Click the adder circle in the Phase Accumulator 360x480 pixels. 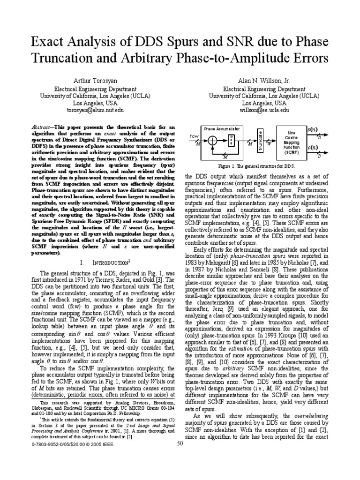(x=212, y=140)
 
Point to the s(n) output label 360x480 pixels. (x=311, y=128)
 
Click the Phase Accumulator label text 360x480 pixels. (x=222, y=128)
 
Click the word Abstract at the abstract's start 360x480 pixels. (x=38, y=127)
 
